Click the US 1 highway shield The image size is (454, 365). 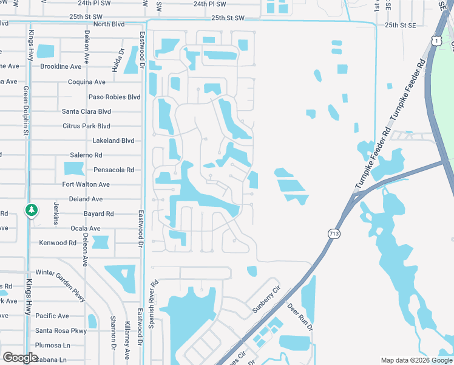coord(436,40)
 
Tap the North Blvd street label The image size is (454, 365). coord(109,24)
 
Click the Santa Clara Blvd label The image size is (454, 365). coord(86,111)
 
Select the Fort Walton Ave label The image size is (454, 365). coord(86,184)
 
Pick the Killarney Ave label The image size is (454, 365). coord(127,339)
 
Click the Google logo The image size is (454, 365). coord(21,357)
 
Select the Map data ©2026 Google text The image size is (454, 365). coord(416,360)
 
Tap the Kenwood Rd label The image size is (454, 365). coord(58,243)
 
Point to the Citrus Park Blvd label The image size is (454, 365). coord(86,126)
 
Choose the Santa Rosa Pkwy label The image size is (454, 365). coord(61,330)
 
